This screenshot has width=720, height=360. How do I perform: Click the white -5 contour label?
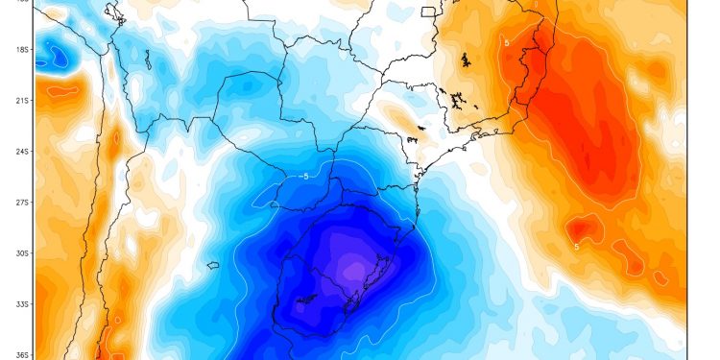[304, 176]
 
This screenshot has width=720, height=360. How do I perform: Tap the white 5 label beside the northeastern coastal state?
[506, 43]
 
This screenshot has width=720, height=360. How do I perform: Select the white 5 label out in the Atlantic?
[576, 247]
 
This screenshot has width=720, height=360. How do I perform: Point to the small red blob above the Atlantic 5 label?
[579, 228]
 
